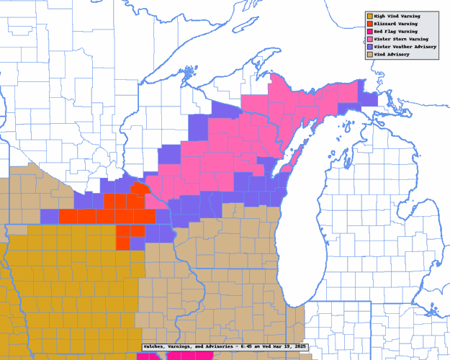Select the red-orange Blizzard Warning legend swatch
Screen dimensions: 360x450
point(369,24)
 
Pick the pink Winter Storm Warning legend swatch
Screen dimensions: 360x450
point(369,39)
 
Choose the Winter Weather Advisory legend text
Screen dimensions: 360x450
point(404,46)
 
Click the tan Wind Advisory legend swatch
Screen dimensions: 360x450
point(369,54)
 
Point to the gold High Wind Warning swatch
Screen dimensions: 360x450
point(369,16)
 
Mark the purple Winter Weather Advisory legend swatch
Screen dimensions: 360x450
point(369,47)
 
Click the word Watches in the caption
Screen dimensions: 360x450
point(156,346)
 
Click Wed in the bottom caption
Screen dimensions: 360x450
point(269,346)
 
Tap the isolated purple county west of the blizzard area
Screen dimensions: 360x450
point(49,216)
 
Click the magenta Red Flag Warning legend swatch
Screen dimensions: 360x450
point(369,32)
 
